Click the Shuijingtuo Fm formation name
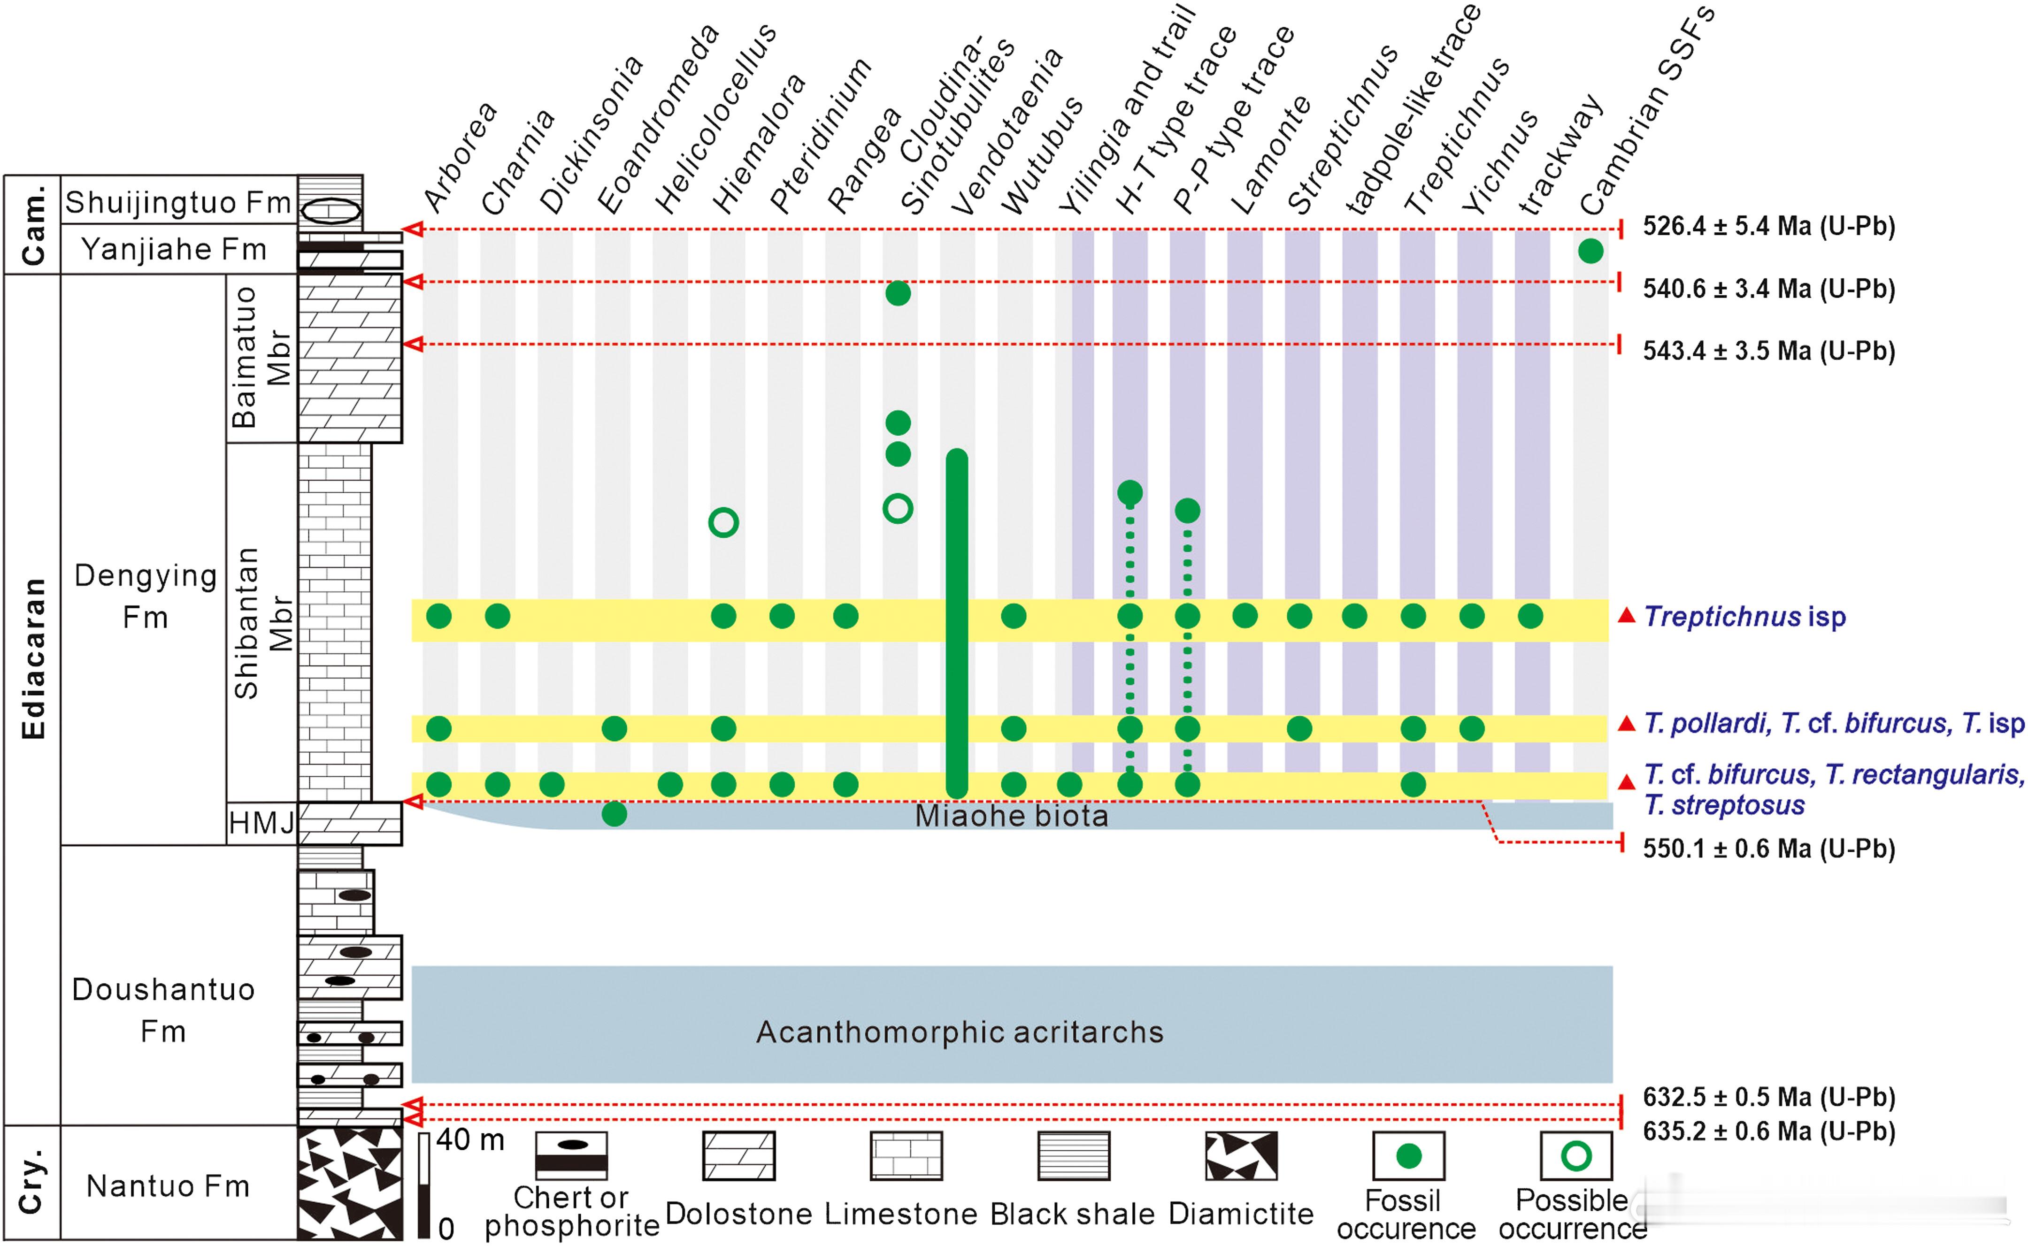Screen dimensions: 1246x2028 [178, 202]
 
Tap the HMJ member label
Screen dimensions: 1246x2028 [261, 822]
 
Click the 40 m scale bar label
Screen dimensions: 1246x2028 [470, 1139]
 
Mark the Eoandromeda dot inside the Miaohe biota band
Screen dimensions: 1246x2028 [614, 814]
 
